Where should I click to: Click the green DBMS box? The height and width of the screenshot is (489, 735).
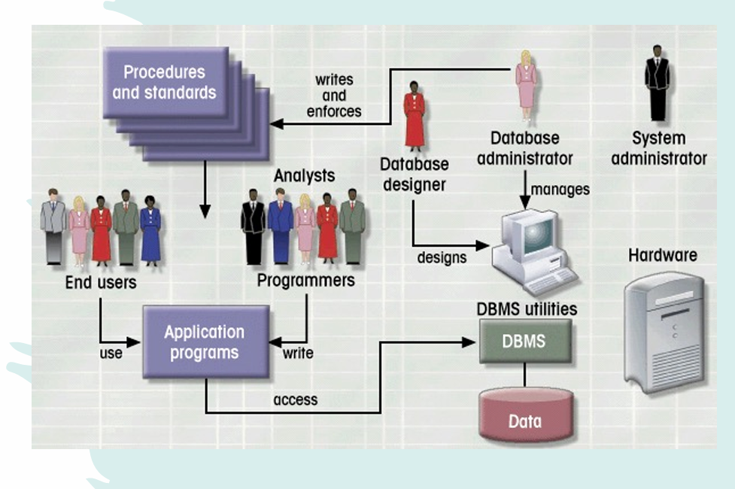tap(525, 341)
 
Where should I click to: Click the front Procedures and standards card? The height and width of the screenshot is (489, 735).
tap(165, 82)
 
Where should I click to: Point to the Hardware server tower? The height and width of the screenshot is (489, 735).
tap(664, 331)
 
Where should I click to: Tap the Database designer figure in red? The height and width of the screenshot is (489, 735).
tap(415, 117)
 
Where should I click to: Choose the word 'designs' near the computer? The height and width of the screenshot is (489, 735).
tap(442, 258)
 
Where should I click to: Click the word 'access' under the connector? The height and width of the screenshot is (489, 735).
tap(295, 399)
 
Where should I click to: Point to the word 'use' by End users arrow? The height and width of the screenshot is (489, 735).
tap(111, 352)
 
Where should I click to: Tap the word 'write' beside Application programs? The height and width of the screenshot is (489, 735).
tap(298, 352)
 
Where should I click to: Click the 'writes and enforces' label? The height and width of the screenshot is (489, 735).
tap(334, 96)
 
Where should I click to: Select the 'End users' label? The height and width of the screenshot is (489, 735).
tap(100, 283)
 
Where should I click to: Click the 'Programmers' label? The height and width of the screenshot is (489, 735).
tap(305, 281)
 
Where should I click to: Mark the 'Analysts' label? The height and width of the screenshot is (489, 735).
tap(304, 176)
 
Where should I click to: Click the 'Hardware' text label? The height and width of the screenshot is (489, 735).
tap(662, 255)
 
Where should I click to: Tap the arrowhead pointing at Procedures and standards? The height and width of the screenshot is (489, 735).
tap(276, 123)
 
